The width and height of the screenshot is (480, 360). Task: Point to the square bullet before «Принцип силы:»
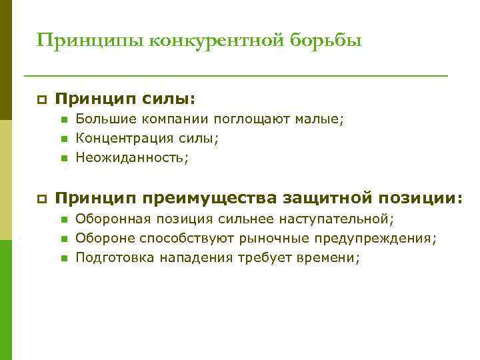pos(41,100)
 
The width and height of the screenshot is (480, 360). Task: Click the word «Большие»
pos(103,120)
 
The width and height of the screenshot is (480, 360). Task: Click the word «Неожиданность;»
pos(132,158)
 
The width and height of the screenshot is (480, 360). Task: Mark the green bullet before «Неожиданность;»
pos(63,158)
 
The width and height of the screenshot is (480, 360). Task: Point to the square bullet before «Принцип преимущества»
pos(41,198)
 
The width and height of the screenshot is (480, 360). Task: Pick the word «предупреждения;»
pos(380,238)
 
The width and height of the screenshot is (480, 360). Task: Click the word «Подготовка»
pos(115,257)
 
